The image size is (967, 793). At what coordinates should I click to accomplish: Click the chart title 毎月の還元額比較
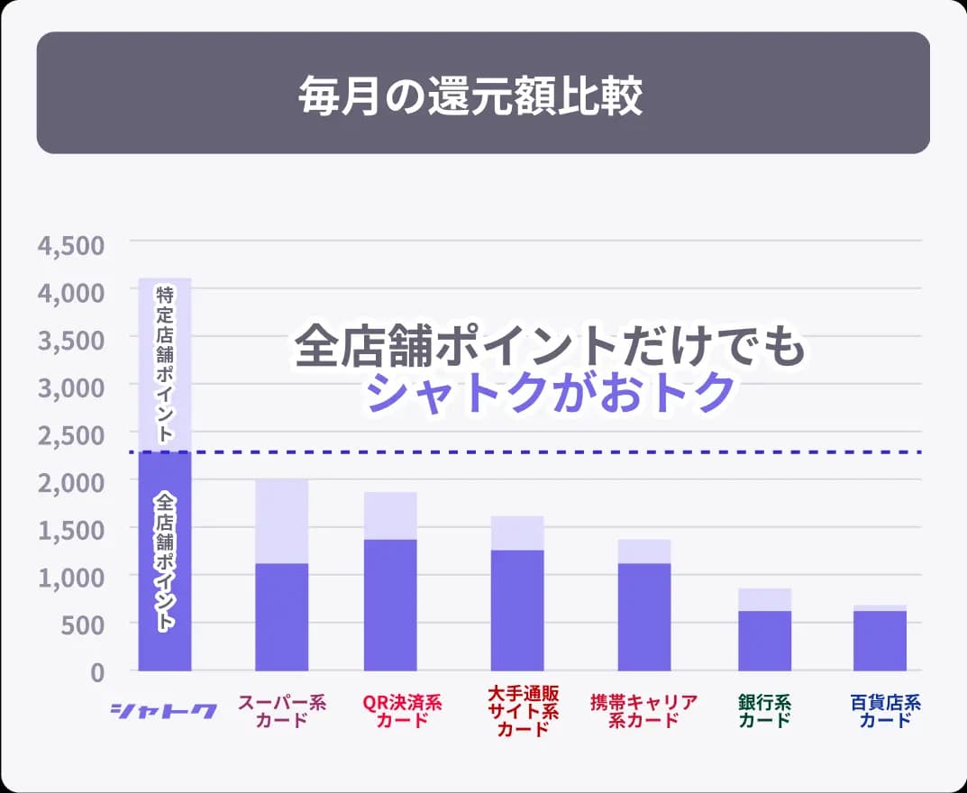tap(470, 96)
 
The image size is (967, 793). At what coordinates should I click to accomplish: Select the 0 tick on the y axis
tap(96, 671)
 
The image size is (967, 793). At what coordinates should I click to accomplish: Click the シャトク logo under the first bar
tap(163, 711)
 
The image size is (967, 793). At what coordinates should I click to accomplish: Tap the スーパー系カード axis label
tap(281, 711)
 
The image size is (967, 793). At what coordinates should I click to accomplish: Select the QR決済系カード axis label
tap(402, 711)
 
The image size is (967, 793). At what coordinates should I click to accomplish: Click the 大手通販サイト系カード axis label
tap(523, 711)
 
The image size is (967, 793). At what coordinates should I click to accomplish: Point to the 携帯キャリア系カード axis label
tap(643, 711)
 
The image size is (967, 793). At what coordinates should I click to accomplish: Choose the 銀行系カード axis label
tap(764, 711)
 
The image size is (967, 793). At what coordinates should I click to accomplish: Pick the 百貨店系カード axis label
tap(880, 711)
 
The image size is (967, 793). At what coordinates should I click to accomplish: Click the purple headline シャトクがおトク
tap(552, 392)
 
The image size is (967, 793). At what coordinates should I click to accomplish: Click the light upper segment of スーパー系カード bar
tap(281, 521)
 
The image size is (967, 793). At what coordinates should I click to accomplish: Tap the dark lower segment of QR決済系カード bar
tap(390, 605)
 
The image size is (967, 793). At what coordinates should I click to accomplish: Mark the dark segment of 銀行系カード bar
tap(764, 641)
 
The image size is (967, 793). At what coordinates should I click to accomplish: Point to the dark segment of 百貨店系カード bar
tap(880, 641)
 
